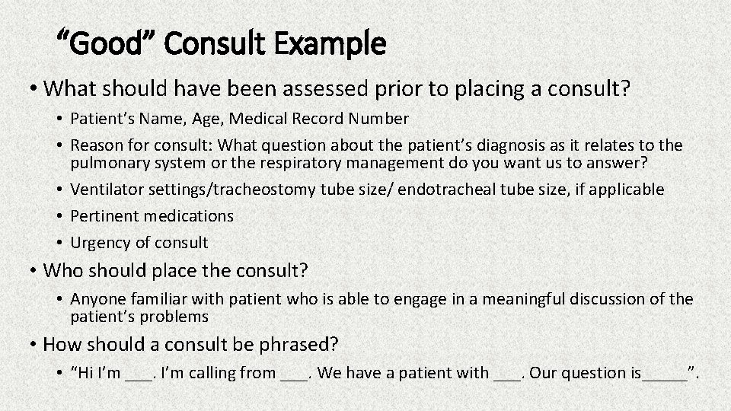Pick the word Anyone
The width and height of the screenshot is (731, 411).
point(97,299)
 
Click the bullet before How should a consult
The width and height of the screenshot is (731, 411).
point(33,344)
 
